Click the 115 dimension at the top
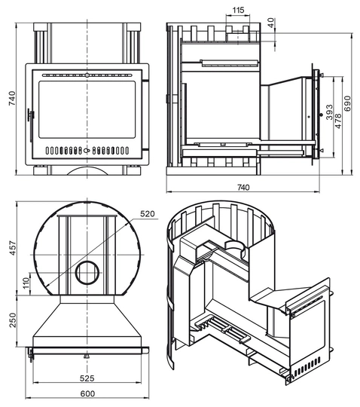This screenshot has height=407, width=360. (x=238, y=10)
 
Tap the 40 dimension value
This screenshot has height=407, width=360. (x=270, y=23)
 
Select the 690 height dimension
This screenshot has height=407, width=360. (x=347, y=103)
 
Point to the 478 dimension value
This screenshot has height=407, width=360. (x=338, y=121)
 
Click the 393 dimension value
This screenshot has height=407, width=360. (x=329, y=112)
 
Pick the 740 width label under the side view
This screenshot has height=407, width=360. (x=243, y=187)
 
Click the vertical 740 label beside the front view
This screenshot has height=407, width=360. (x=12, y=98)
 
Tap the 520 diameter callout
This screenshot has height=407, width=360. (x=148, y=214)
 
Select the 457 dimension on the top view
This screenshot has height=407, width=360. (x=13, y=249)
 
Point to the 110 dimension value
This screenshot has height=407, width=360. (x=26, y=283)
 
